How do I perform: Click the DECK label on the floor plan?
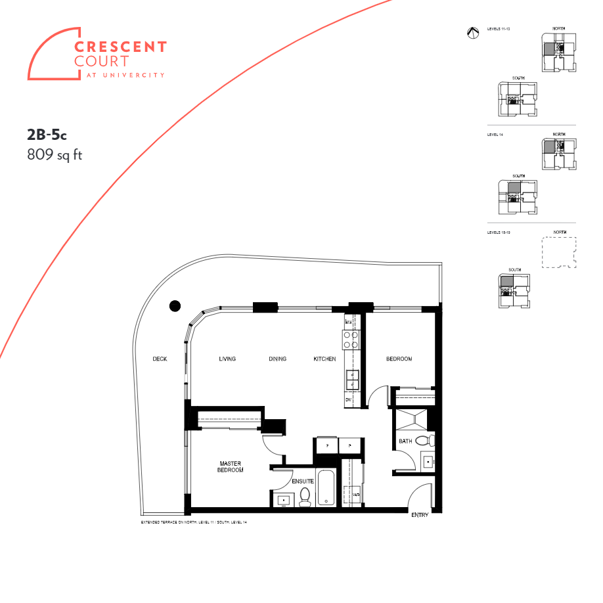tap(160, 359)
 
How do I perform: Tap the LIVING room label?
tap(227, 359)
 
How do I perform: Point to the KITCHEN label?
tap(324, 359)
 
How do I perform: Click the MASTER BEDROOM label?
tap(230, 467)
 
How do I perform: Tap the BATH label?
tap(405, 441)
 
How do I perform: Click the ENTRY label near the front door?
tap(420, 515)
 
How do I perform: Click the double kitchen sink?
tap(353, 379)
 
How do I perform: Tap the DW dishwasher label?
tap(349, 399)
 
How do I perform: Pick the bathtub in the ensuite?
tap(326, 488)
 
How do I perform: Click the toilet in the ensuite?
tap(305, 497)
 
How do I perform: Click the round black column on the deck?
tap(175, 305)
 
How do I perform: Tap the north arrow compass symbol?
tap(472, 33)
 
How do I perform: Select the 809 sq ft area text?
tap(55, 155)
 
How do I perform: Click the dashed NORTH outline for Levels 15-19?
tap(558, 252)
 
